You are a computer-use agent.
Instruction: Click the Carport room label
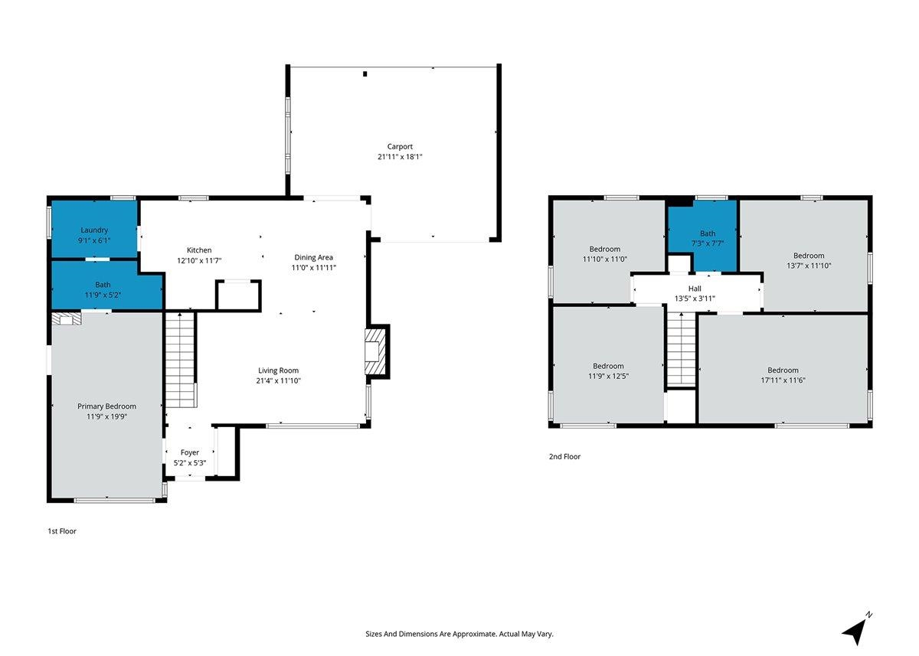point(400,146)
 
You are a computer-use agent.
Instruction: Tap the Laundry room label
point(94,230)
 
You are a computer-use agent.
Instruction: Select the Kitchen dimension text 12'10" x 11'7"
point(199,260)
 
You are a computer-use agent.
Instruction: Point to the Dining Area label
point(313,257)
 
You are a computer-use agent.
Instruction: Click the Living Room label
point(278,370)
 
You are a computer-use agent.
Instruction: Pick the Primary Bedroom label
point(106,406)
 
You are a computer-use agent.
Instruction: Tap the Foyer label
point(190,452)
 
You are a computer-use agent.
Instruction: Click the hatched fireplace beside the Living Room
point(376,352)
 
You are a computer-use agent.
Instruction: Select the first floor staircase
point(180,360)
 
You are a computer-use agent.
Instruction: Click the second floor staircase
point(681,349)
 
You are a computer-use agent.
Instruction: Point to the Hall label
point(695,289)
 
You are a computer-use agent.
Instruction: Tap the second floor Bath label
point(708,233)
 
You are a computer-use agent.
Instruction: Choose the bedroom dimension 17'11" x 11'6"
point(783,380)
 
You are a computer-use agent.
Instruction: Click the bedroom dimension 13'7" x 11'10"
point(809,266)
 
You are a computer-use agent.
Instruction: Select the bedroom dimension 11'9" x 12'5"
point(608,376)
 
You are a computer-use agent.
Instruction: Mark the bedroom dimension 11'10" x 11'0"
point(605,259)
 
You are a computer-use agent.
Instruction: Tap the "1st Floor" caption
point(62,531)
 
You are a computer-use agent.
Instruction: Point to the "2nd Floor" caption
point(564,456)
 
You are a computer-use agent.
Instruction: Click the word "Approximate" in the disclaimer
point(474,634)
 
